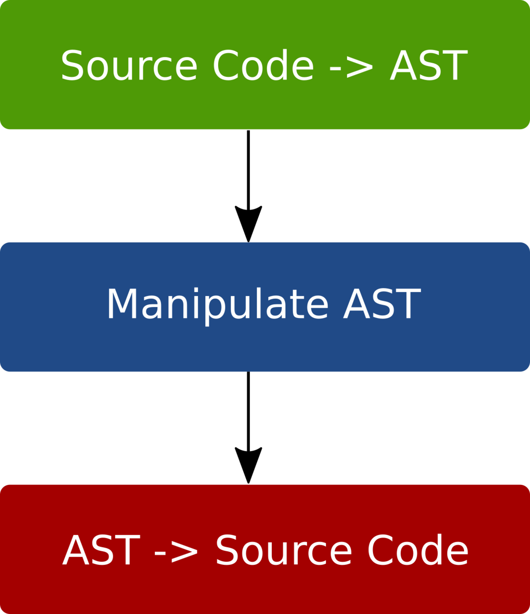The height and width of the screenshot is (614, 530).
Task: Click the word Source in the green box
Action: pyautogui.click(x=129, y=65)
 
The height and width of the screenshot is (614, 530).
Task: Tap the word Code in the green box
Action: pyautogui.click(x=264, y=64)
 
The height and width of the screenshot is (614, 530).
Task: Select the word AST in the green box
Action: pyautogui.click(x=428, y=65)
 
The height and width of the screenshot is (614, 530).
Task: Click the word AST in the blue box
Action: pyautogui.click(x=382, y=303)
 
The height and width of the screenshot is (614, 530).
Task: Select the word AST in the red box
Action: pyautogui.click(x=101, y=550)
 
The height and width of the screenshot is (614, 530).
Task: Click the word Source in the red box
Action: pyautogui.click(x=284, y=550)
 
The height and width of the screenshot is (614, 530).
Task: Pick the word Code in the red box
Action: pyautogui.click(x=418, y=549)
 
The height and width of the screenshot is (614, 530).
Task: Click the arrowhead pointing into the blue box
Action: pyautogui.click(x=248, y=224)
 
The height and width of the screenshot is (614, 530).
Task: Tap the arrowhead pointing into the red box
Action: pyautogui.click(x=248, y=465)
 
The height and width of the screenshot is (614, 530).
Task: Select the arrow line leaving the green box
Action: pyautogui.click(x=248, y=171)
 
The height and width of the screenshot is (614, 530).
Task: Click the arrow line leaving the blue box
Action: pyautogui.click(x=248, y=412)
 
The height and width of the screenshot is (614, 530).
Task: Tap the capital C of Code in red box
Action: pyautogui.click(x=381, y=550)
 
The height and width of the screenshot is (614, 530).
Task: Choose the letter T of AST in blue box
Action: pyautogui.click(x=408, y=303)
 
